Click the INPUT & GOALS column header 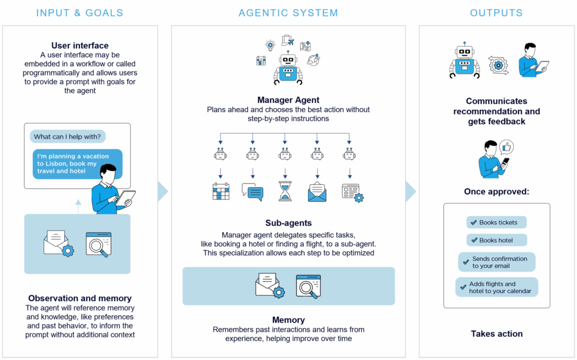[79, 12]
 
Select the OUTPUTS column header [496, 12]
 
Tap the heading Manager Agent [288, 100]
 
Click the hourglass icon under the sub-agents [285, 192]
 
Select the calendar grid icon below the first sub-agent [220, 192]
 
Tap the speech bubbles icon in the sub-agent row [252, 192]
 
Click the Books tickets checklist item [496, 223]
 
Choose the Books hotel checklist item [496, 240]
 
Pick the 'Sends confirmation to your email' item [496, 262]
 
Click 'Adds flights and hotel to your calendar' [496, 287]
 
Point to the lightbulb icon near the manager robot [270, 43]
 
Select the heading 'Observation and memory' [79, 298]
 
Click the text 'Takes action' [496, 334]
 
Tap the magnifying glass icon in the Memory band [308, 286]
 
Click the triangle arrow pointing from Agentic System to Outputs [411, 192]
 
